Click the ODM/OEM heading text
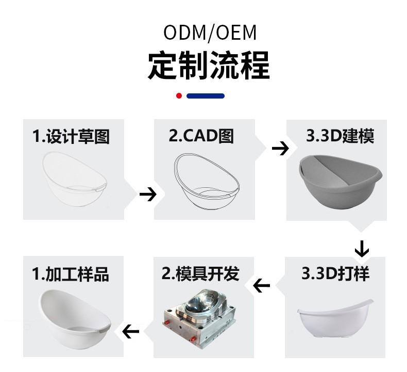click(x=210, y=33)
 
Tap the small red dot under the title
click(x=179, y=96)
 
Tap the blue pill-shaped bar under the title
click(x=205, y=96)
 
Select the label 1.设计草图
click(x=71, y=136)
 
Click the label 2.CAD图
click(x=201, y=136)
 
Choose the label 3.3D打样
click(x=335, y=273)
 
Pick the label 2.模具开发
click(x=201, y=273)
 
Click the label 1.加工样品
click(x=71, y=274)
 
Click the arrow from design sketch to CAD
click(x=148, y=194)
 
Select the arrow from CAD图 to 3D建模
click(x=280, y=149)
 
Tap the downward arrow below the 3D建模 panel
click(x=362, y=249)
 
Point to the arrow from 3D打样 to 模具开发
click(x=262, y=285)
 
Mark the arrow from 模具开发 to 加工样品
click(x=131, y=331)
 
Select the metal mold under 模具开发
click(x=200, y=317)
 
